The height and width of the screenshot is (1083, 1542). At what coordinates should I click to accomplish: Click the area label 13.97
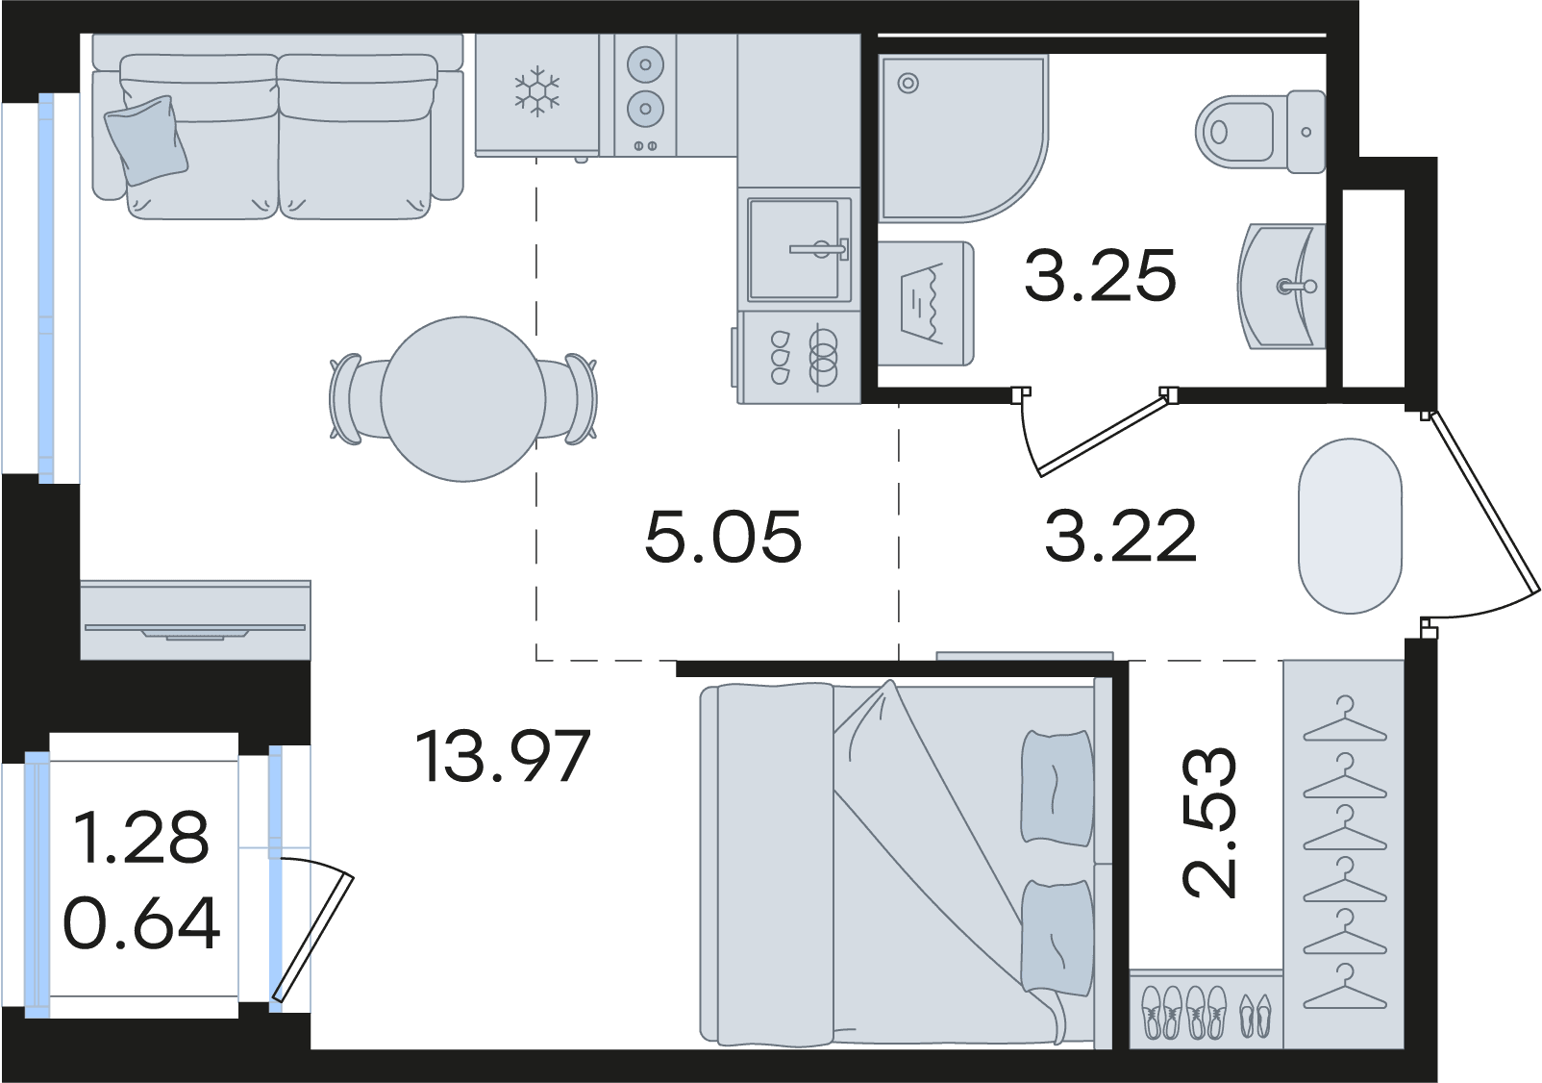503,757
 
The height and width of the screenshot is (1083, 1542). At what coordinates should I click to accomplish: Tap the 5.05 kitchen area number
723,536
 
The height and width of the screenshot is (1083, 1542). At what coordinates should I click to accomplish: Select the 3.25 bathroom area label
1100,275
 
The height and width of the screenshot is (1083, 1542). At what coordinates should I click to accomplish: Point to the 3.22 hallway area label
1121,536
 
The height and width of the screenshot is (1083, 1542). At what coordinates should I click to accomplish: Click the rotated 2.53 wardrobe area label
1209,822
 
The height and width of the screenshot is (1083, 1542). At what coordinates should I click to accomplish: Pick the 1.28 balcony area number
140,837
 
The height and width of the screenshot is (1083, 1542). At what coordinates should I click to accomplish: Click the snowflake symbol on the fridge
537,90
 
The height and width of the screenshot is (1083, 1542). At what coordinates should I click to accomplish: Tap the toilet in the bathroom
1260,132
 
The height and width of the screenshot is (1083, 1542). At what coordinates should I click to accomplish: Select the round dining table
463,399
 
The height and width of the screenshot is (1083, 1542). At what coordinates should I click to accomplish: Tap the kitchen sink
799,249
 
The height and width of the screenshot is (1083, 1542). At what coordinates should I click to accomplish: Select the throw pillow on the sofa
147,139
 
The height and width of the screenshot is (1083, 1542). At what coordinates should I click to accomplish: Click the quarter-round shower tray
962,139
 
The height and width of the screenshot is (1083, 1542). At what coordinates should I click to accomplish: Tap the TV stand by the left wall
195,620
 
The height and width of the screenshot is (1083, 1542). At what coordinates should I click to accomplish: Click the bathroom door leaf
1102,432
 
